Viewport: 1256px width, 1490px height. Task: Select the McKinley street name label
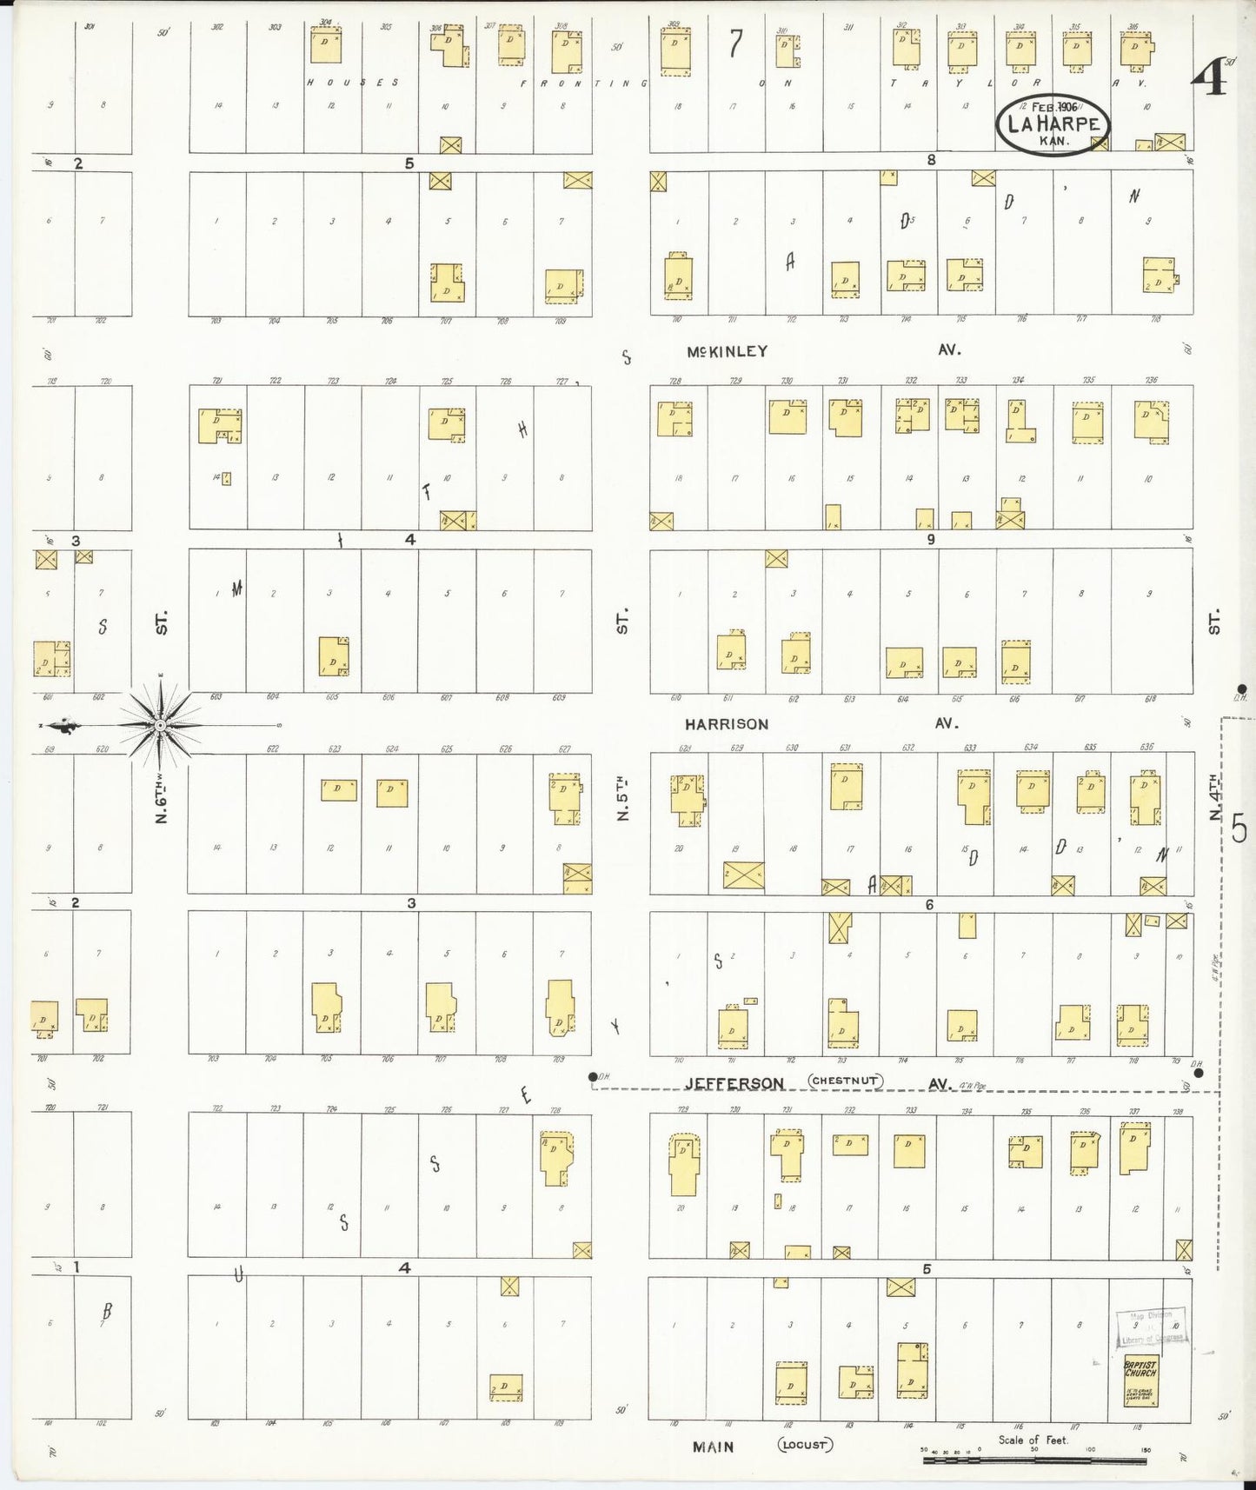coord(727,351)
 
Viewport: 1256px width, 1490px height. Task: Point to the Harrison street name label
coord(726,723)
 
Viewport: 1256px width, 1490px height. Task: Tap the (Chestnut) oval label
coord(846,1081)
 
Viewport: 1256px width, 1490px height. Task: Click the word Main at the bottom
coord(713,1447)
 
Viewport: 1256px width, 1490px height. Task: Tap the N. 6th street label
coord(161,800)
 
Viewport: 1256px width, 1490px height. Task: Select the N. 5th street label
coord(621,797)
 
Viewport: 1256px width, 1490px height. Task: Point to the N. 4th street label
coord(1214,800)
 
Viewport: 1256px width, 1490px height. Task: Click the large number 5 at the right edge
coord(1239,828)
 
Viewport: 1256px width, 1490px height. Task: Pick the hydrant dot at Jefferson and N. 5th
coord(593,1077)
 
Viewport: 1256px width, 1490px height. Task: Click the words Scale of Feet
coord(1033,1440)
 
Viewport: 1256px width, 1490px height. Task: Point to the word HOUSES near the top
coord(352,83)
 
